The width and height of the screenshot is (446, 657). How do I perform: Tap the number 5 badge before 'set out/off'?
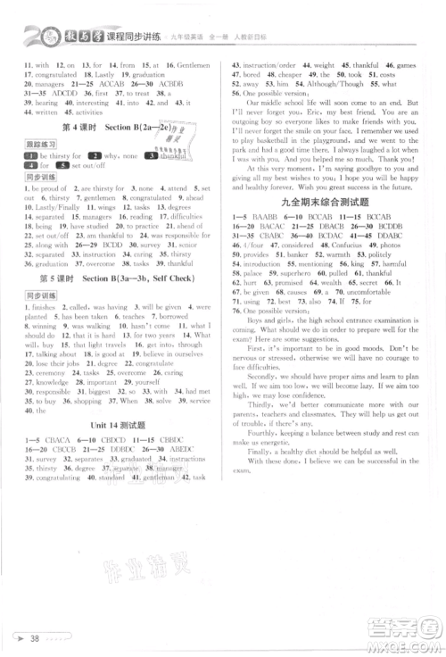click(x=57, y=164)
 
